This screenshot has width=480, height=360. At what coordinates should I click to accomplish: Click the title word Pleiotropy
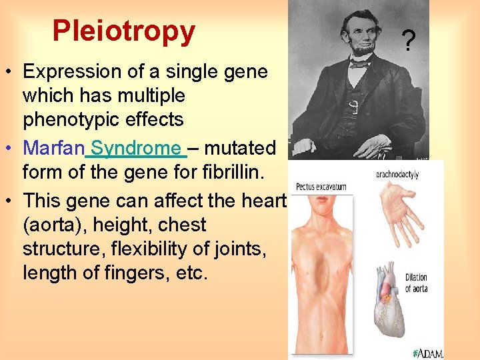[123, 31]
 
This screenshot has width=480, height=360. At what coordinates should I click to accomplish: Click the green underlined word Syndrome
[136, 147]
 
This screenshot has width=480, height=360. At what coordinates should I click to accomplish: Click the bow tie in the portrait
[360, 64]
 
